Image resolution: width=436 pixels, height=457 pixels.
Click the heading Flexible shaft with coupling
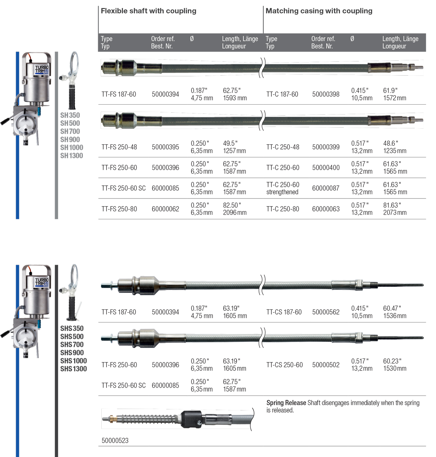[148, 11]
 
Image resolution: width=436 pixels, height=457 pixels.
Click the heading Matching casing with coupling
[319, 11]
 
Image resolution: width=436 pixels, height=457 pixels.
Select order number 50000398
[326, 94]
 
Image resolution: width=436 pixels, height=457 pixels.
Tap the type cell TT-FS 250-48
[119, 147]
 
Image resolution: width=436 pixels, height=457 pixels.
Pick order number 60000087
[326, 188]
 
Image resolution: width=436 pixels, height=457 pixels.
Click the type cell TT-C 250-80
[283, 209]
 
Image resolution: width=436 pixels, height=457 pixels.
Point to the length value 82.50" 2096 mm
[234, 209]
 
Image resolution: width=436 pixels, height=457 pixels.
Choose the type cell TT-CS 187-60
[284, 312]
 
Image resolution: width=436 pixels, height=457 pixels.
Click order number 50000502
[326, 365]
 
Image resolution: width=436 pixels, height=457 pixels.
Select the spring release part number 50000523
[115, 440]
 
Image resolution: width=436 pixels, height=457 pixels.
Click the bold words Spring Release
[286, 403]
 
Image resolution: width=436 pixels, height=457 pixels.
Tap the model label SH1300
[72, 156]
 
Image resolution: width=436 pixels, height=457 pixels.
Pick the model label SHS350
[72, 328]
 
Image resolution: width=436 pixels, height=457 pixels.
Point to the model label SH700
[70, 131]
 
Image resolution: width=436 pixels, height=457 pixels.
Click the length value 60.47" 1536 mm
[395, 312]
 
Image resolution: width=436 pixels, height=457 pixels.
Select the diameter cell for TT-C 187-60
[362, 94]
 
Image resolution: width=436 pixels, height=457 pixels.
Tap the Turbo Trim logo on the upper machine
[41, 69]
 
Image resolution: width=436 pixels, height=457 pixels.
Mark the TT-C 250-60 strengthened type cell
[283, 188]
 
